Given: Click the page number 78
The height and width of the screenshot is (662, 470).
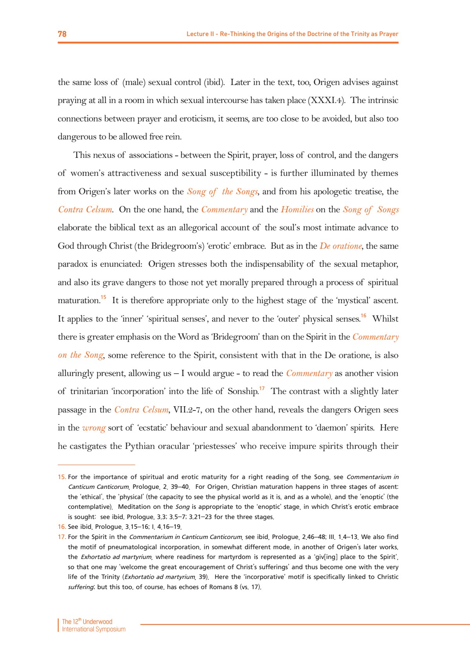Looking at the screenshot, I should [62, 34].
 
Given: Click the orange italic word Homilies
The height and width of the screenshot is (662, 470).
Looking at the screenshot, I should [297, 210].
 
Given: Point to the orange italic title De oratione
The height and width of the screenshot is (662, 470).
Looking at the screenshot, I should [341, 246].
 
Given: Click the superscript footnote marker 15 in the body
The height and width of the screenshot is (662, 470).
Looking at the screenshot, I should [103, 298].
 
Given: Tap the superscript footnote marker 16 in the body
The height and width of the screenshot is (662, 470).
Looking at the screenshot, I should [363, 316].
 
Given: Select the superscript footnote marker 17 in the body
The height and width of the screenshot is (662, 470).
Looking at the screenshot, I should [262, 389].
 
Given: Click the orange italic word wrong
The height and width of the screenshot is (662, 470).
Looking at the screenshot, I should [94, 428].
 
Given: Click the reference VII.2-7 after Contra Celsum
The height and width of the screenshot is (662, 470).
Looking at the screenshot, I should [188, 410].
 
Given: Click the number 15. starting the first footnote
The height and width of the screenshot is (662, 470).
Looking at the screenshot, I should [62, 477].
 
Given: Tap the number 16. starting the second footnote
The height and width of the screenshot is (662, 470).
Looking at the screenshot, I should [62, 527].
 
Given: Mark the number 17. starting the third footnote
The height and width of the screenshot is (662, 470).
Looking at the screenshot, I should [62, 537].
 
